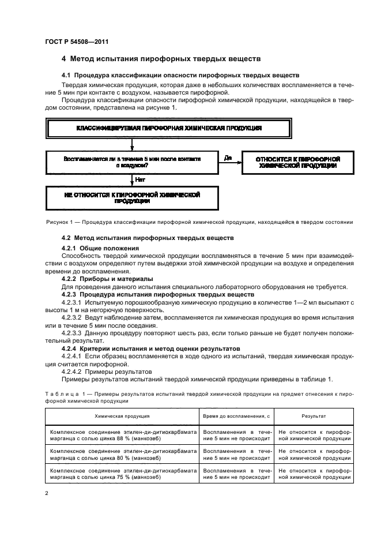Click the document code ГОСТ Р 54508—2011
[x=76, y=42]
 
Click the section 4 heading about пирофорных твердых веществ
[x=161, y=59]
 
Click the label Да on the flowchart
[x=227, y=156]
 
